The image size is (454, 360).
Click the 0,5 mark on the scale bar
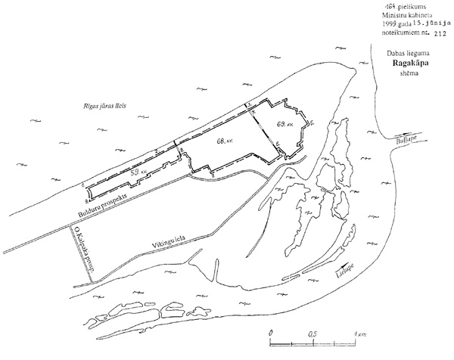(311, 334)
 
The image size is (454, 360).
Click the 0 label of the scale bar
(270, 334)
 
